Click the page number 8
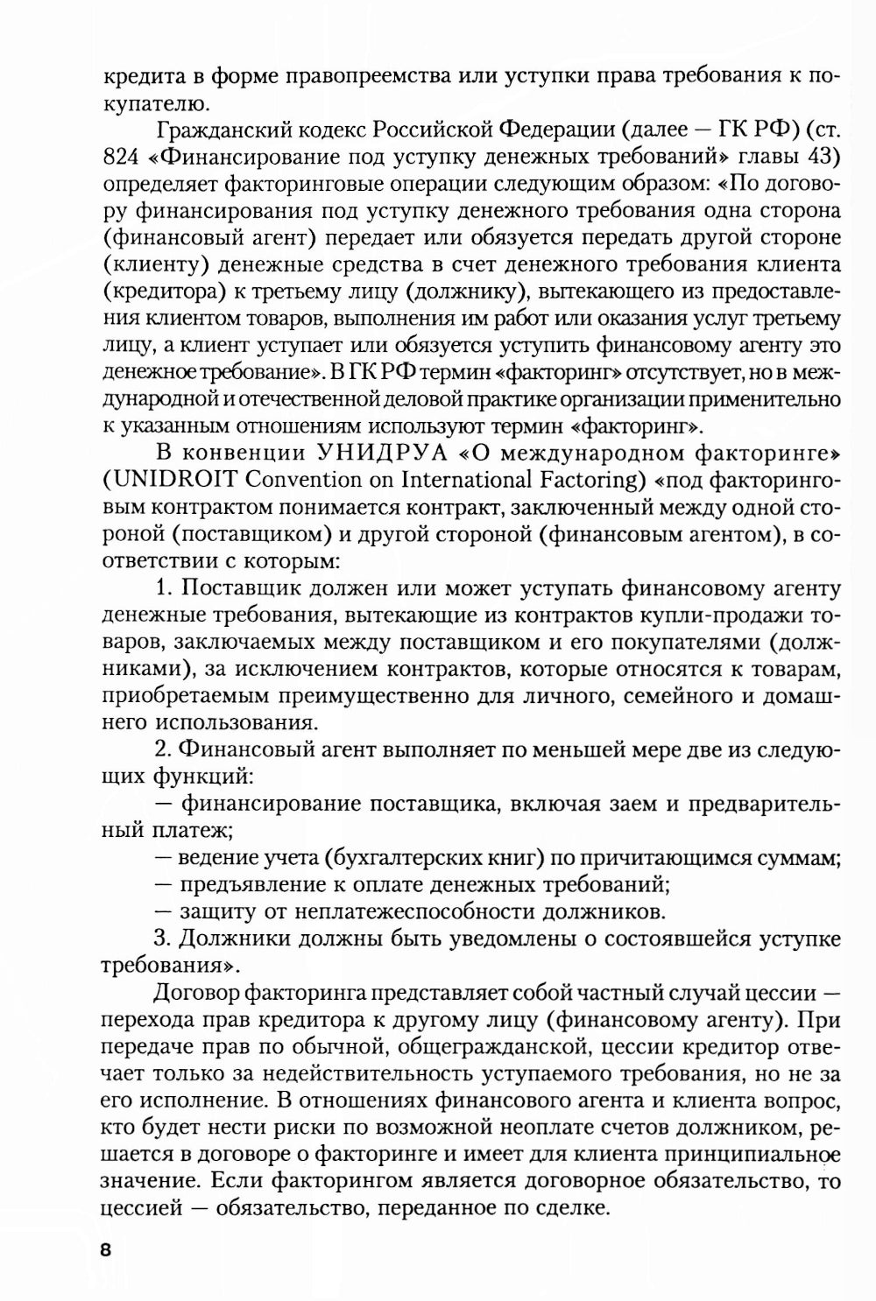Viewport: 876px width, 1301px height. [x=106, y=1249]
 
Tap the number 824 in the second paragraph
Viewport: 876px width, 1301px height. [x=125, y=158]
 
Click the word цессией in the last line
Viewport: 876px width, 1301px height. [x=145, y=1209]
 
